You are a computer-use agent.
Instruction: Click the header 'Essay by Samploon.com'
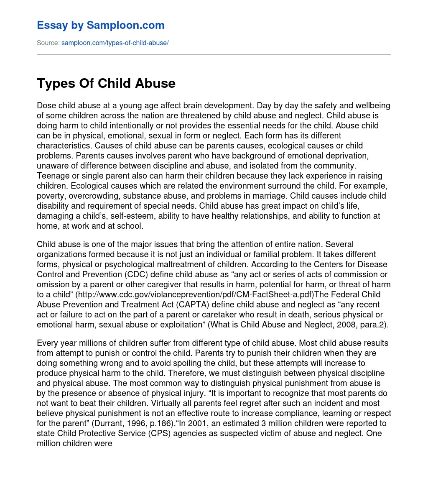100,26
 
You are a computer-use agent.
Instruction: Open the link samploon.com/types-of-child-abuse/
115,43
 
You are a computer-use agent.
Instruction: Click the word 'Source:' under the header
48,43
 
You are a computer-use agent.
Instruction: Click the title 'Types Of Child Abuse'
106,83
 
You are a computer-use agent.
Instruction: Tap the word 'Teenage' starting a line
51,176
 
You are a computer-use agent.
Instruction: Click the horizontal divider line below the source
214,54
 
